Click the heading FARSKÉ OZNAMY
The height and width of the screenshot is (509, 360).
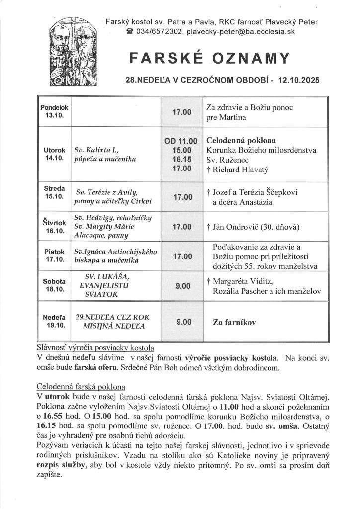tap(209, 59)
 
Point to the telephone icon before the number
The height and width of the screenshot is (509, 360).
tap(130, 31)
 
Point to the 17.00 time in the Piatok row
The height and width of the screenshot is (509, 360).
tap(182, 256)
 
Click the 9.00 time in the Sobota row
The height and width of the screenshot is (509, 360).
tap(182, 286)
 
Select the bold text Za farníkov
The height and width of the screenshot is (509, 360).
tap(235, 323)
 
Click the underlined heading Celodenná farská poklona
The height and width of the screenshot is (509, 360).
tap(81, 386)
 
